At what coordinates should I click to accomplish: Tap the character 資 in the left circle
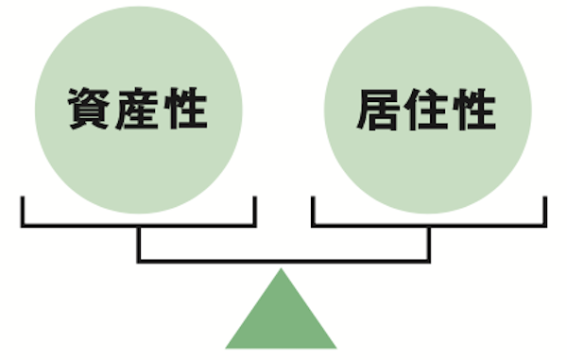(x=89, y=111)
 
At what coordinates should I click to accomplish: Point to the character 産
(x=138, y=111)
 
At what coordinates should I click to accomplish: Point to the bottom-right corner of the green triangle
(x=335, y=347)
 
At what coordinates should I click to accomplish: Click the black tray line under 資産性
(x=139, y=225)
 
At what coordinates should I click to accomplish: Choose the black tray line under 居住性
(x=428, y=225)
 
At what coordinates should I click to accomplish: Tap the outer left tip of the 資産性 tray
(x=24, y=199)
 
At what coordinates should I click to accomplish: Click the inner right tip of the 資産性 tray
(x=255, y=199)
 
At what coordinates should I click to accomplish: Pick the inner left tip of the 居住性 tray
(x=314, y=199)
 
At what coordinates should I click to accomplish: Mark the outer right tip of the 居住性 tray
(x=544, y=199)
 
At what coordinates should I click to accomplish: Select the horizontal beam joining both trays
(x=283, y=259)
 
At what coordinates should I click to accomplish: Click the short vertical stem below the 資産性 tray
(x=140, y=243)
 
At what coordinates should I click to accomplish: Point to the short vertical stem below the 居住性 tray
(x=429, y=243)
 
